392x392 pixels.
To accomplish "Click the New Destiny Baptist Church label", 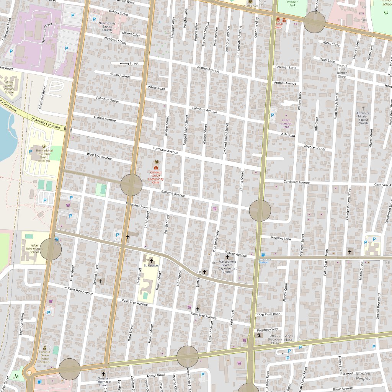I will pyautogui.click(x=107, y=26).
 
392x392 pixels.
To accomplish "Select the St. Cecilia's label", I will pyautogui.click(x=151, y=265).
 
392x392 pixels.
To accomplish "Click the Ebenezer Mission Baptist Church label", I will pyautogui.click(x=363, y=118).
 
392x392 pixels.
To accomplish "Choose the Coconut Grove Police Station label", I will pyautogui.click(x=45, y=357).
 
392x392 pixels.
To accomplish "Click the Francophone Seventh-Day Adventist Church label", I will pyautogui.click(x=227, y=266).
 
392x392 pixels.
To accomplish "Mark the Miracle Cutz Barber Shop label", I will pyautogui.click(x=342, y=71).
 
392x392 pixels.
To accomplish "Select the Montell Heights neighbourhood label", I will pyautogui.click(x=363, y=376).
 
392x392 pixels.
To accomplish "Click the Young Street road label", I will pyautogui.click(x=129, y=63).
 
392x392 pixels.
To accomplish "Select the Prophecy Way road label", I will pyautogui.click(x=268, y=330).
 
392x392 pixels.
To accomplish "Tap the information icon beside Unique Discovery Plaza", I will pyautogui.click(x=260, y=335).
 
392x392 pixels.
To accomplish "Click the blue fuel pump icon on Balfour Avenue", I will pyautogui.click(x=263, y=255).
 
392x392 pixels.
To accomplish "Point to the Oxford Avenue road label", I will pyautogui.click(x=105, y=119).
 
